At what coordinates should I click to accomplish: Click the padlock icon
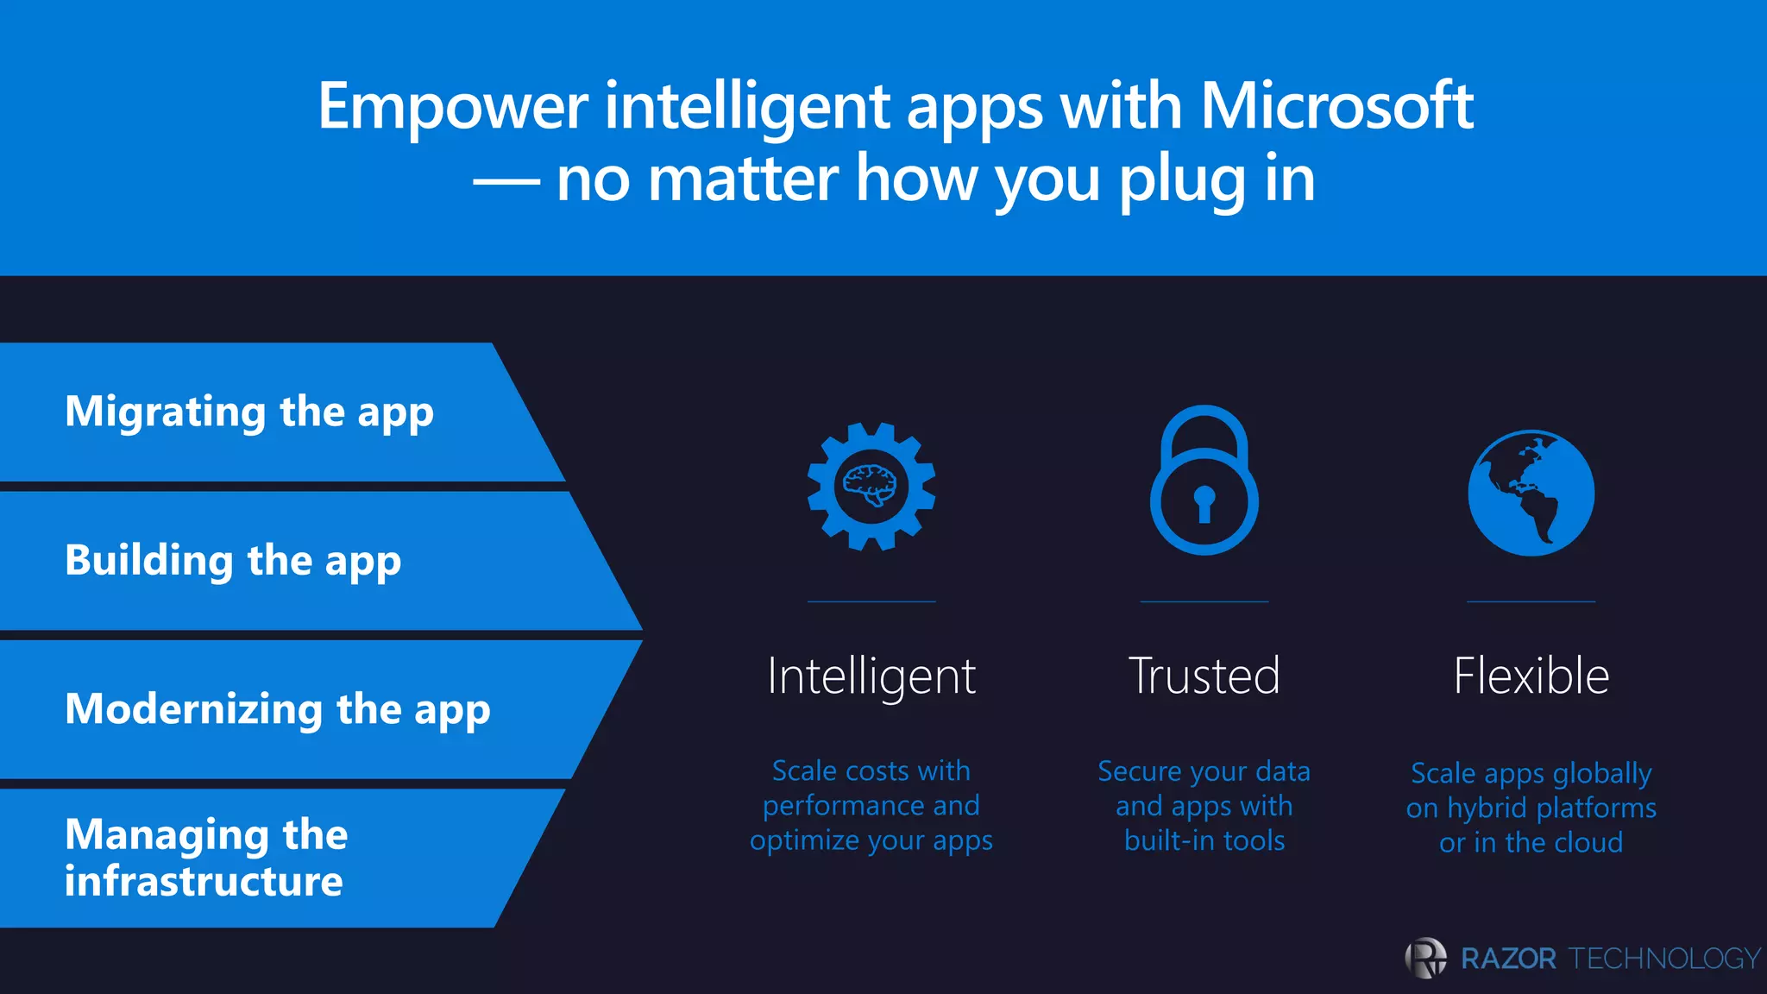(1204, 481)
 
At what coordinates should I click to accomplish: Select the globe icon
(1531, 493)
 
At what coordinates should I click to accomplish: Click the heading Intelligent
(871, 676)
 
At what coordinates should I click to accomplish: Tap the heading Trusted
(1204, 676)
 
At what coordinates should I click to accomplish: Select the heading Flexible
(1531, 676)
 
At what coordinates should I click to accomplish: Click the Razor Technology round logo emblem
(1426, 958)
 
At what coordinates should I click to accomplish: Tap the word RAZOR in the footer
(1508, 959)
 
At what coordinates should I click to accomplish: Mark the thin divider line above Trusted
(1204, 601)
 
